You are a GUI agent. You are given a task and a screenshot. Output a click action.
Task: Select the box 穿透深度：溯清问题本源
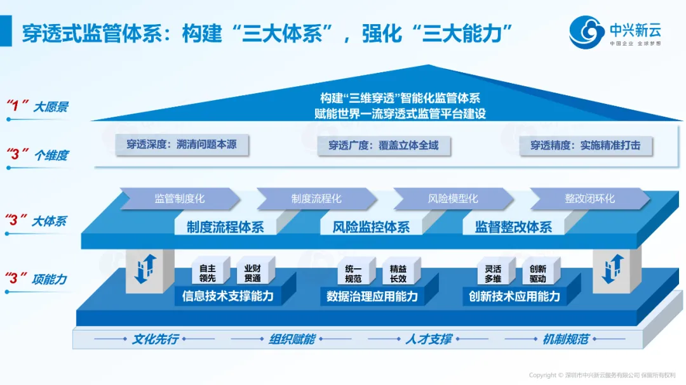pos(182,145)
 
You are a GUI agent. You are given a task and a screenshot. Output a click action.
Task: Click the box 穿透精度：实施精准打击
pos(585,145)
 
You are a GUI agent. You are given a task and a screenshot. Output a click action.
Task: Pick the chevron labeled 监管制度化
pos(179,199)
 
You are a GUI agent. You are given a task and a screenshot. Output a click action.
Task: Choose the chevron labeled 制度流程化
pos(316,199)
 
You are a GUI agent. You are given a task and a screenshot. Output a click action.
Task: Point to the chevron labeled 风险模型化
pos(452,199)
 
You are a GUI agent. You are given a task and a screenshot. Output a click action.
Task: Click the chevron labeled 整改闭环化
pos(589,199)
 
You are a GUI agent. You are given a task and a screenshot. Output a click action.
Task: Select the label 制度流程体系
pos(225,227)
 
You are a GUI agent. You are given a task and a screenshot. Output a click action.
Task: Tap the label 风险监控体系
pos(371,227)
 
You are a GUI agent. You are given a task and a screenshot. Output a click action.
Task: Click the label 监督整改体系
pos(513,227)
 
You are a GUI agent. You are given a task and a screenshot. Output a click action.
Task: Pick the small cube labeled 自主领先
pos(208,273)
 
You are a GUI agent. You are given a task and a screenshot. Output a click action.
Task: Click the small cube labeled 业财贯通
pos(252,273)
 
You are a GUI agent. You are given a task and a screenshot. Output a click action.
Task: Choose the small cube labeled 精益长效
pos(398,273)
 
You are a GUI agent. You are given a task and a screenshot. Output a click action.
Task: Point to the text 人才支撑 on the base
pos(428,339)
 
